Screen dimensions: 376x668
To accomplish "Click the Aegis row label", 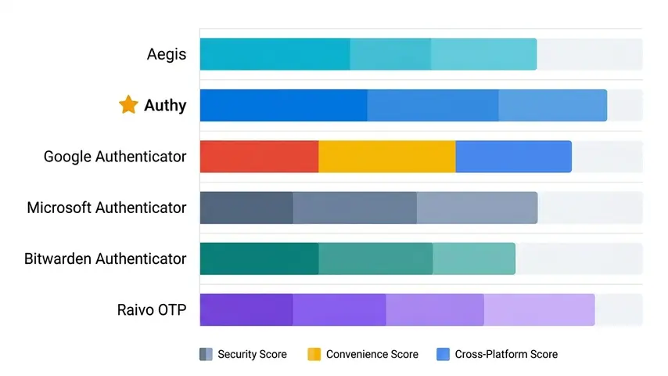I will pos(167,55).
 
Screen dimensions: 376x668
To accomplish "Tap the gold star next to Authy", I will pos(128,105).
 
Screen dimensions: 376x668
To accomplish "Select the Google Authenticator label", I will pos(115,157).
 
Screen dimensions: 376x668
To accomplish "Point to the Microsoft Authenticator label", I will pos(106,208).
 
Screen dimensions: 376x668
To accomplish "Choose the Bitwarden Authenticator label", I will pos(106,258).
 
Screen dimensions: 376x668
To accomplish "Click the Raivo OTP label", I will pos(151,309).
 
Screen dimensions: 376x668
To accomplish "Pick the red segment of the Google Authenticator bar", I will pos(259,157).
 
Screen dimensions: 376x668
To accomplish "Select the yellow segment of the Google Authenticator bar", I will pos(386,157).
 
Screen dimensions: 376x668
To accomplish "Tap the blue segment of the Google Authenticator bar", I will pos(513,157).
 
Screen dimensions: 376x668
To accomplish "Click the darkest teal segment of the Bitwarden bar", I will pos(259,258).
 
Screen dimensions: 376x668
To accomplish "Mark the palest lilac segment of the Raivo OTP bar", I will pos(539,309).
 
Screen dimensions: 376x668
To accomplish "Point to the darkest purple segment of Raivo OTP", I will pos(246,309).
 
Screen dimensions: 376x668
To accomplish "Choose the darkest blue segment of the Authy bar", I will pos(283,105).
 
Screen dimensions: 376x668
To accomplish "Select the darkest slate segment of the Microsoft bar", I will pos(246,208).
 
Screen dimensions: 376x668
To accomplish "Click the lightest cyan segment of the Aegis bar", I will pos(483,54).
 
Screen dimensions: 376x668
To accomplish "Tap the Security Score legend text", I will pos(252,354).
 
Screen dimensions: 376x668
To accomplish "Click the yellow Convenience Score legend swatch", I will pos(314,354).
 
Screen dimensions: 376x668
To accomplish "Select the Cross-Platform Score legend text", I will pos(507,354).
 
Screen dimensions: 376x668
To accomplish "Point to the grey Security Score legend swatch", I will pos(206,354).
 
